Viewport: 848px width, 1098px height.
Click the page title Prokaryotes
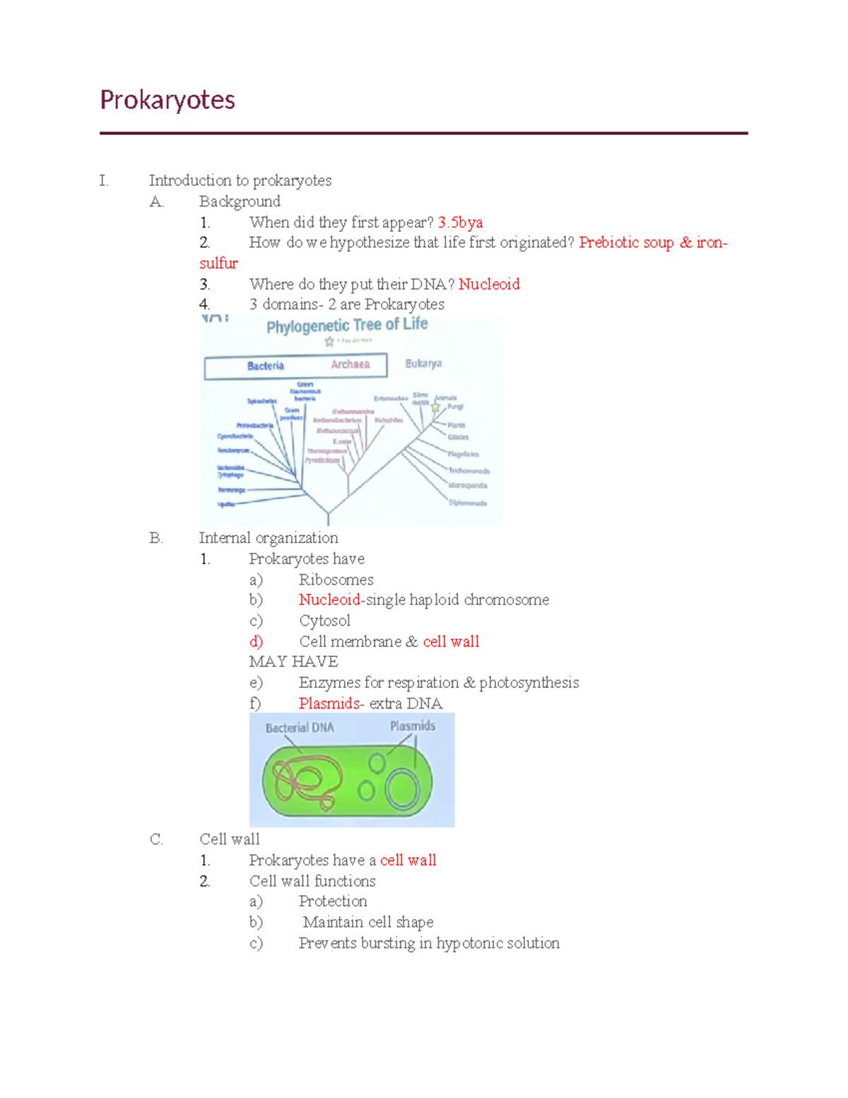167,100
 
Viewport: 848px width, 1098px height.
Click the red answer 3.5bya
460,222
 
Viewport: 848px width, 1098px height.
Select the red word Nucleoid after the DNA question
489,284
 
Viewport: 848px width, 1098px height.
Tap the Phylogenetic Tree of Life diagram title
347,325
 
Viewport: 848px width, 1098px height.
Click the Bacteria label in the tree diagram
266,366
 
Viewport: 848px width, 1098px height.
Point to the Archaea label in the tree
351,364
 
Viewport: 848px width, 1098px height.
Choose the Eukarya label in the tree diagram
423,363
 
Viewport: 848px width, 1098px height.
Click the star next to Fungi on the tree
436,407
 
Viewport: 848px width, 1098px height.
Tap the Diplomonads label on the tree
468,503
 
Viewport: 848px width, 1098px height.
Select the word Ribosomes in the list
336,580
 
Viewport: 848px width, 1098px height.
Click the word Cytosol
324,621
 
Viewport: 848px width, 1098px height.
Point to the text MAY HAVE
293,662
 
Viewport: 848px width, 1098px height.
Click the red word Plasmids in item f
329,703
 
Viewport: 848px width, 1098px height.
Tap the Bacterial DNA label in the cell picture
300,728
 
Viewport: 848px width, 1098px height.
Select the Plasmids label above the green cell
413,726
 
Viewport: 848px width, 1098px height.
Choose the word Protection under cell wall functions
333,901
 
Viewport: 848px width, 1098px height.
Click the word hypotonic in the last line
470,943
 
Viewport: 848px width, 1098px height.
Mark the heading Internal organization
269,538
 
